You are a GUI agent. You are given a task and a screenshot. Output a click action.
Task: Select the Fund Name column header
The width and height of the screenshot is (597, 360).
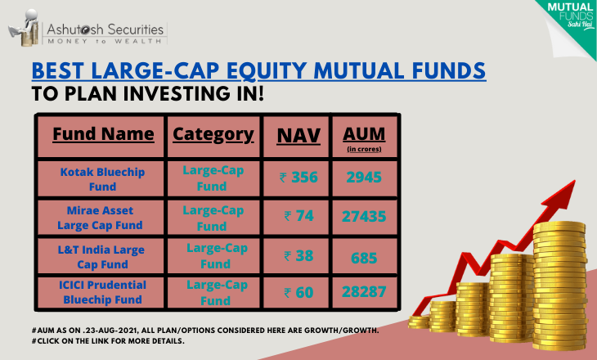tap(103, 134)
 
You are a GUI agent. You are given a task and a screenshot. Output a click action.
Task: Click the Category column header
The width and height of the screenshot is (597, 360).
tap(213, 134)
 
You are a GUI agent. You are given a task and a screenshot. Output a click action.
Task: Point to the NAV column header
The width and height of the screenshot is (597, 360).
tap(298, 136)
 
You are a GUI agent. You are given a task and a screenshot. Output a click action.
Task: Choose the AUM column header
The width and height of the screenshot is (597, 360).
tap(364, 138)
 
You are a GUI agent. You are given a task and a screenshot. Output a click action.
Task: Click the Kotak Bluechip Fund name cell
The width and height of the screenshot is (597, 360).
tap(102, 179)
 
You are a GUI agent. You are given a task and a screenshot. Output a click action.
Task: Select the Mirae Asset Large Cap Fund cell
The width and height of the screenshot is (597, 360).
tap(100, 218)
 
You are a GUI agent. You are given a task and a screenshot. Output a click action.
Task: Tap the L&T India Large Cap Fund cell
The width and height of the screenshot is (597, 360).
tap(101, 257)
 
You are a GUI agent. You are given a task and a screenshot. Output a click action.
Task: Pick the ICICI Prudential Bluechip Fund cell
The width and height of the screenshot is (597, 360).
tap(102, 292)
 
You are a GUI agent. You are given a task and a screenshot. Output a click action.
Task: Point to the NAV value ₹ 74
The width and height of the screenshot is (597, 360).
tap(298, 216)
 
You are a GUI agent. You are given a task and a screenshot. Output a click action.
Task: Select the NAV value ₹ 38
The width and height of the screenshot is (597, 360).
tap(298, 255)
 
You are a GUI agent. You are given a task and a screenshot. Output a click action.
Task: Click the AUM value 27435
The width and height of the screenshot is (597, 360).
tap(364, 216)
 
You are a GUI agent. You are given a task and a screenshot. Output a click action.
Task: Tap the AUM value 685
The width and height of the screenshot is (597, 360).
tap(364, 258)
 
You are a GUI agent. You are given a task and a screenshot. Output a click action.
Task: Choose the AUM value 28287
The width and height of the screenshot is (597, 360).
tap(364, 292)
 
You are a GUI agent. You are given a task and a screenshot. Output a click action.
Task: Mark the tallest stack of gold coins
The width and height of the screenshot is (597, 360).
tap(559, 286)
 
